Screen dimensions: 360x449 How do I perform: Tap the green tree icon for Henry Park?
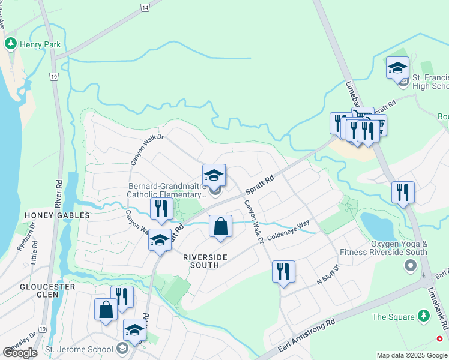coord(10,44)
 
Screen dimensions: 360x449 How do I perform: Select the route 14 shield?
coord(145,7)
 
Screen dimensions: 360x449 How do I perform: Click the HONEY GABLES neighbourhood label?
coord(57,215)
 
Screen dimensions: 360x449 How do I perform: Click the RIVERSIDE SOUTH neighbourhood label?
coord(205,261)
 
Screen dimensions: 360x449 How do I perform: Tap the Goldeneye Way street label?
coord(289,228)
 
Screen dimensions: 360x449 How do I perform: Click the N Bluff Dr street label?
coord(328,281)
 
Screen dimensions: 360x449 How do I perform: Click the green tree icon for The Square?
coord(424,316)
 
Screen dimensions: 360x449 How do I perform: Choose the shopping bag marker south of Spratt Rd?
coord(221,227)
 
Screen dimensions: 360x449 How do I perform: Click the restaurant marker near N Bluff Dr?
coord(283,271)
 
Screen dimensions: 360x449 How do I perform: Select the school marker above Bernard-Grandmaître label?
coord(214,175)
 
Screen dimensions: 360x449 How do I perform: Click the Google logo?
coord(19,352)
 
